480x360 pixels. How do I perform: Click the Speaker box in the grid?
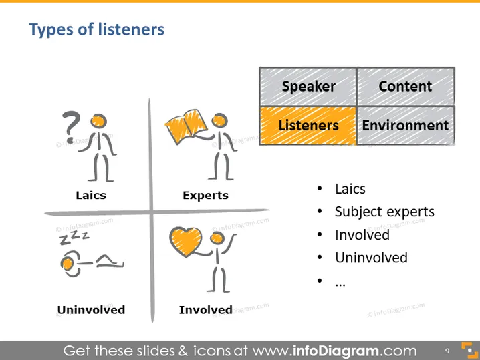308,87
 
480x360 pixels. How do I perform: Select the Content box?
406,87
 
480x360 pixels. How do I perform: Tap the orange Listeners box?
308,126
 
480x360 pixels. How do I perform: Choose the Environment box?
406,126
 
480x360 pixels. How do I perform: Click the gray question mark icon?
71,127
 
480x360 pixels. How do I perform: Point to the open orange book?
187,126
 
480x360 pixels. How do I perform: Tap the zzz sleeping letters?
74,238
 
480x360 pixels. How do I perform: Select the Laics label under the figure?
91,195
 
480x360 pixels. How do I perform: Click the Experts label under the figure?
205,196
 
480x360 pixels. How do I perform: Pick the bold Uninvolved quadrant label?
91,310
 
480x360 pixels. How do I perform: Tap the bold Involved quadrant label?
205,310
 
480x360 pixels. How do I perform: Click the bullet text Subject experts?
384,212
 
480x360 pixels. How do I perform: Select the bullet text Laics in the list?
350,189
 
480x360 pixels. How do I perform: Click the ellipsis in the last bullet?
340,285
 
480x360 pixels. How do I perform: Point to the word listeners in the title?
131,29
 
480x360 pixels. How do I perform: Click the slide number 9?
447,351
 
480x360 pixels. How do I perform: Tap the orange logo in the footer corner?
469,350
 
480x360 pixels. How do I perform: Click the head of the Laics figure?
98,120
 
